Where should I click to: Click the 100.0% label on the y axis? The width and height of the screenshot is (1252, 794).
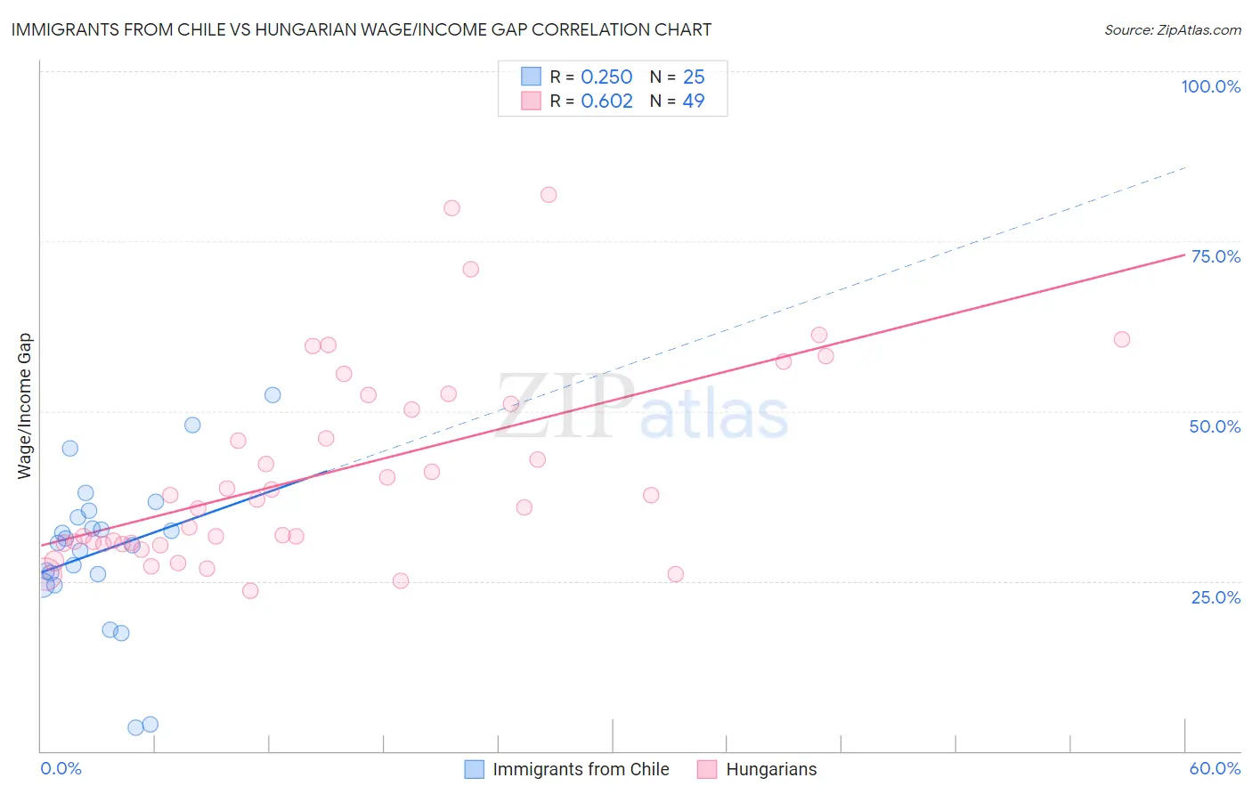(1210, 86)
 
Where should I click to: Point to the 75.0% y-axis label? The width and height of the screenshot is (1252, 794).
(1215, 256)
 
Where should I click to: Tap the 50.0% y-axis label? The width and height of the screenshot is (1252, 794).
(1215, 426)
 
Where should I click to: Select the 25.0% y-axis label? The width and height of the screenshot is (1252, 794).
(1215, 597)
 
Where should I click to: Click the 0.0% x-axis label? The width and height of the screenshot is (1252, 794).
(61, 768)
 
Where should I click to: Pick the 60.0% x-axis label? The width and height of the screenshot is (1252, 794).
(1215, 768)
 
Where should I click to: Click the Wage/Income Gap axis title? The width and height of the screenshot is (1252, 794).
(25, 406)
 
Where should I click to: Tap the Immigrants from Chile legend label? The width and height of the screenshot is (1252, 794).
(581, 769)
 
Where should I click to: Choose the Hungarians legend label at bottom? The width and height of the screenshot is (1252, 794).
(771, 769)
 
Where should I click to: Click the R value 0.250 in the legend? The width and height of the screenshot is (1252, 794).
(606, 77)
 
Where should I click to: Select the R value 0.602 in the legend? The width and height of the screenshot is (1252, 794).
(606, 101)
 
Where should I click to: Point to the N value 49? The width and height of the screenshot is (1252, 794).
(694, 101)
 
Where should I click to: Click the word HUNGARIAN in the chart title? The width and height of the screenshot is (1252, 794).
(311, 29)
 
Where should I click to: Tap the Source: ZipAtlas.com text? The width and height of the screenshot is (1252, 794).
(1172, 30)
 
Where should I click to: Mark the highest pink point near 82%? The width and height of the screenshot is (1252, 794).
(549, 195)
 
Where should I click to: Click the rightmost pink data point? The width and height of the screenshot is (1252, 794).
(1122, 339)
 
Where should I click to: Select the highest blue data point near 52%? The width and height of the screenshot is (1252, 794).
(272, 395)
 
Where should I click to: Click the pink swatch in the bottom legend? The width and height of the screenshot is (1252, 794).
(707, 769)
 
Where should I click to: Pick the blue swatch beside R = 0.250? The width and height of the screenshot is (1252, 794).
(531, 77)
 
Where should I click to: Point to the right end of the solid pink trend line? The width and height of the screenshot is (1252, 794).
(1184, 255)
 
